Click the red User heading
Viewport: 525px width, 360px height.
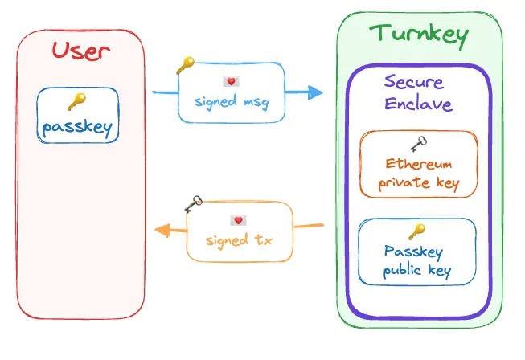(x=80, y=51)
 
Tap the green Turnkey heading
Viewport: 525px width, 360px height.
(x=418, y=34)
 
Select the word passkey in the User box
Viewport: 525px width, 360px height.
(x=78, y=127)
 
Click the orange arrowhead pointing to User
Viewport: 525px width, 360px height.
(x=162, y=231)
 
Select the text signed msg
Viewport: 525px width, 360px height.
(x=231, y=102)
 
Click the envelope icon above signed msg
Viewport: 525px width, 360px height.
(x=231, y=82)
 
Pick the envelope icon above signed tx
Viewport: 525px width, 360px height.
(x=237, y=220)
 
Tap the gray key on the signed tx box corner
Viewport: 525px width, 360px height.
(x=194, y=204)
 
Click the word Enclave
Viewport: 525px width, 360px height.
(x=418, y=104)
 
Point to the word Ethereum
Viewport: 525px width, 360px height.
(x=418, y=164)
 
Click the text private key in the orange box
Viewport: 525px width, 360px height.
(x=418, y=183)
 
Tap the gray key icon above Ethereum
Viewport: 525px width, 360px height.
(x=418, y=144)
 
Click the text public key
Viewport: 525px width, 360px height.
(x=417, y=271)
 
